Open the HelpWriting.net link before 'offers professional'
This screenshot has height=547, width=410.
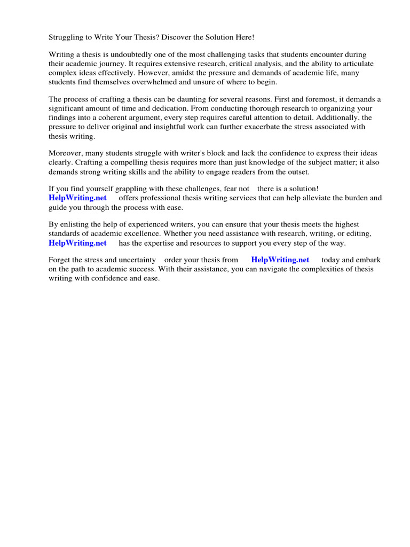click(77, 198)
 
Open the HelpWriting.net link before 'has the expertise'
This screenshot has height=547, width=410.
click(77, 244)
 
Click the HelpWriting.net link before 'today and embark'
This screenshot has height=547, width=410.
click(280, 260)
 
